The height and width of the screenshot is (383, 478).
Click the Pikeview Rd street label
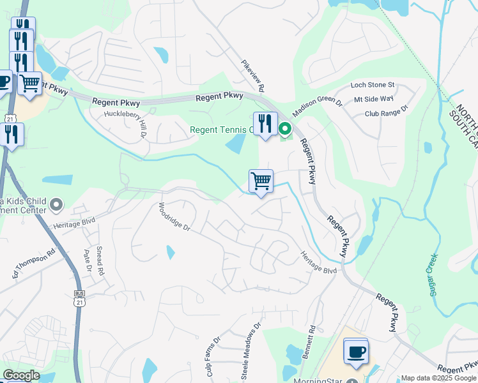(x=252, y=76)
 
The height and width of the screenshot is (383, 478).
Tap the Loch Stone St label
(x=373, y=85)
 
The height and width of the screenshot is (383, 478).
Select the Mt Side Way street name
(x=374, y=99)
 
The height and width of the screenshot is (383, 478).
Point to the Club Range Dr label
(x=386, y=113)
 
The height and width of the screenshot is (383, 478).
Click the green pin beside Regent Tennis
(x=286, y=129)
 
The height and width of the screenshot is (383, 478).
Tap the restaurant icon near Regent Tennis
(x=265, y=123)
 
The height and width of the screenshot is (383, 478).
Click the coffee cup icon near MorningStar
(x=356, y=351)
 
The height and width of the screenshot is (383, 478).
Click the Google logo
(x=21, y=375)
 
